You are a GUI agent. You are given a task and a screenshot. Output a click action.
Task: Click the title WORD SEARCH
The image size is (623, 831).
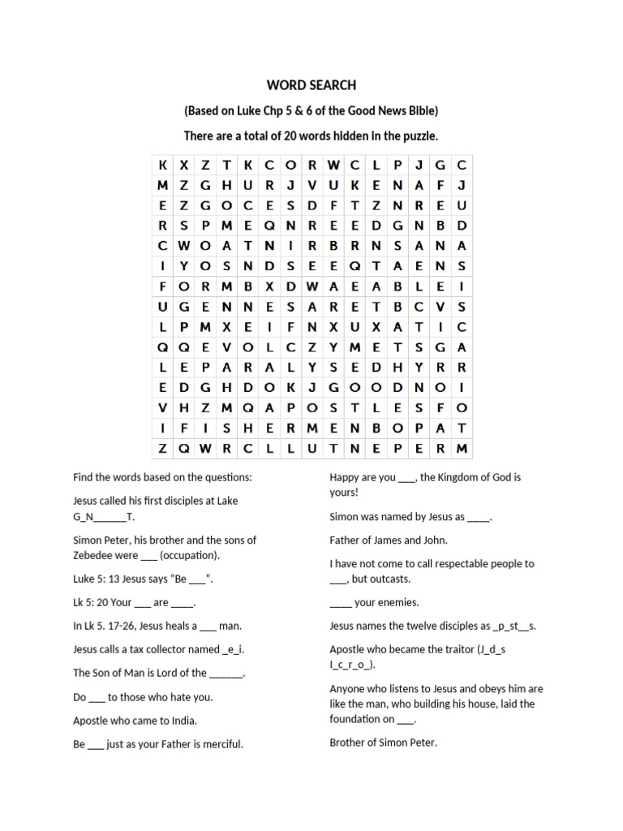point(311,84)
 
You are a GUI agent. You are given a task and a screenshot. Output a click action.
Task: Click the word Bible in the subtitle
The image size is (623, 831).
point(423,110)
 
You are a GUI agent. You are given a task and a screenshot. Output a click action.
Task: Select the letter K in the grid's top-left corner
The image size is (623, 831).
point(162,165)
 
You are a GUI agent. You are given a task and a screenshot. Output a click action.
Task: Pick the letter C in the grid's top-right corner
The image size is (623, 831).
point(462,165)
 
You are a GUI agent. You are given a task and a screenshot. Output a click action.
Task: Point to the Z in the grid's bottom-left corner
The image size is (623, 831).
point(162,448)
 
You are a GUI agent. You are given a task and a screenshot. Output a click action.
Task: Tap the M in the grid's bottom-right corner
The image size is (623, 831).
point(462,448)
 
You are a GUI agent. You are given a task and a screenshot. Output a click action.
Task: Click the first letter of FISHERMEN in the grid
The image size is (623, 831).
point(183,428)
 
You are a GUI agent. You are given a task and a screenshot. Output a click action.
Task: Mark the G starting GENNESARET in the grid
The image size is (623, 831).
point(183,306)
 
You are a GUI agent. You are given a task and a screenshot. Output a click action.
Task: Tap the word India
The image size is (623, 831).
point(183,720)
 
